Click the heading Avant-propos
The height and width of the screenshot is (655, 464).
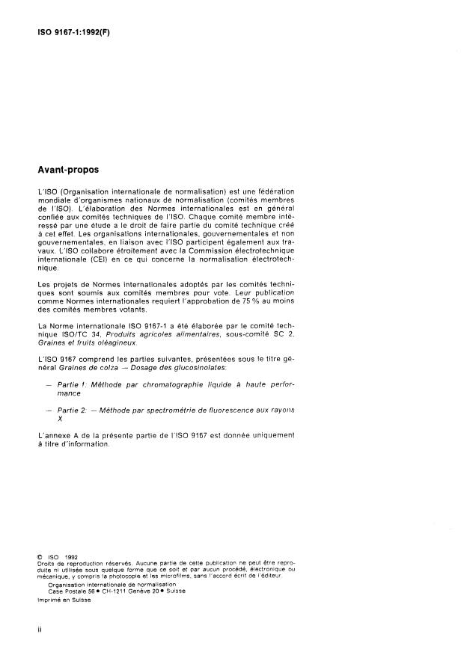coord(68,170)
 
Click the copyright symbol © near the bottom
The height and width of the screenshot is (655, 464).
coord(40,556)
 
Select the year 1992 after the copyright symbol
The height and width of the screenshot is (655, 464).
coord(71,556)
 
